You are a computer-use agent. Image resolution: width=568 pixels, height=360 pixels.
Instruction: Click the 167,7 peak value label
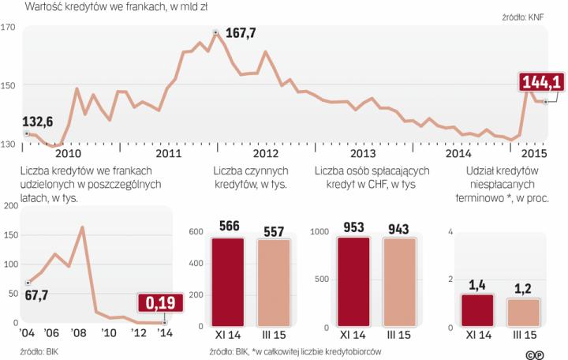pos(241,33)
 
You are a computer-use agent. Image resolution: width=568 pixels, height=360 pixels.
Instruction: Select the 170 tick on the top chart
pos(9,28)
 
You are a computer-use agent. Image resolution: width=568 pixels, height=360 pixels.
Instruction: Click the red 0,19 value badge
pos(159,303)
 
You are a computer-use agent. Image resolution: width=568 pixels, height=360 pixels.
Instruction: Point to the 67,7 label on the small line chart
pos(36,294)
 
